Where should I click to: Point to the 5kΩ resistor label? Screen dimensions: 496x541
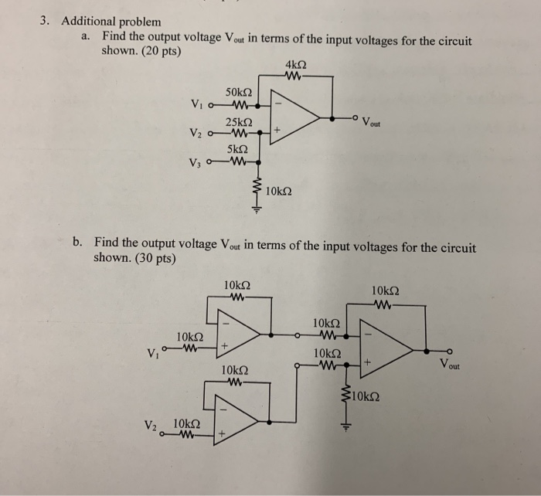pyautogui.click(x=238, y=149)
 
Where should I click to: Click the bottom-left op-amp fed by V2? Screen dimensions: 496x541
pyautogui.click(x=236, y=422)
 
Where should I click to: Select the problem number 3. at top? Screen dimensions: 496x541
pyautogui.click(x=46, y=21)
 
